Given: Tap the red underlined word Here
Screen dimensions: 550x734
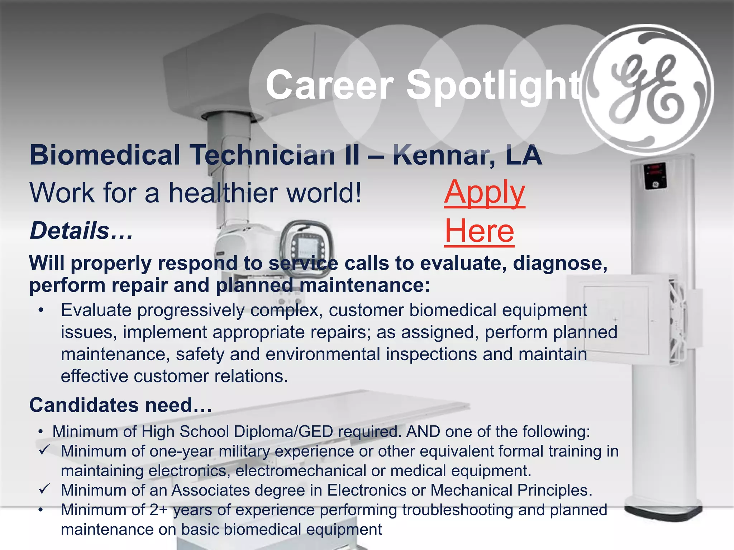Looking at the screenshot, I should pyautogui.click(x=479, y=231).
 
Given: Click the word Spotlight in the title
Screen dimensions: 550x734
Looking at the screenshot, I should pyautogui.click(x=495, y=85).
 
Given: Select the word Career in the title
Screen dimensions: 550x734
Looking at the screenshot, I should pyautogui.click(x=330, y=85).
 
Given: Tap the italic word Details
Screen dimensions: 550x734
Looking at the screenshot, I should pyautogui.click(x=70, y=231).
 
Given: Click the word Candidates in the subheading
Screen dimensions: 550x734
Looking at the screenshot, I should pyautogui.click(x=84, y=405).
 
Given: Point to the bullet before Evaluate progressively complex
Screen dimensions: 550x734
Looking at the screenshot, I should pyautogui.click(x=42, y=310).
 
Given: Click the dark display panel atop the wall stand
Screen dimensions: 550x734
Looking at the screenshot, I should pyautogui.click(x=656, y=175).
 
